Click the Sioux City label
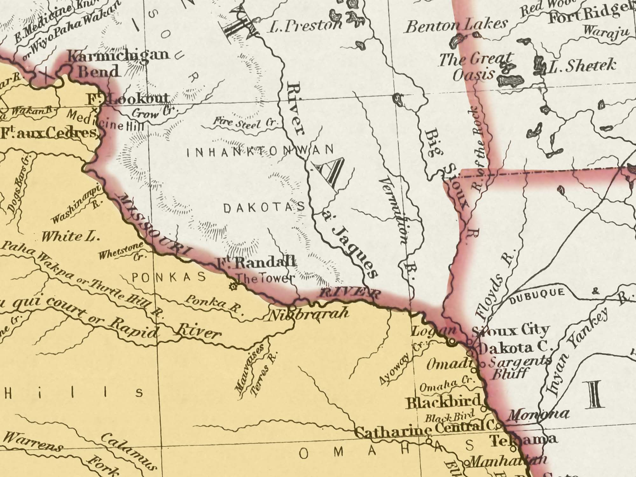[510, 331]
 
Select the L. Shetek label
[582, 66]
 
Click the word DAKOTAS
[264, 208]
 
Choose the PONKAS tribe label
[169, 278]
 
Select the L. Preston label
[305, 26]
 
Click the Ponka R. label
[213, 304]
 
